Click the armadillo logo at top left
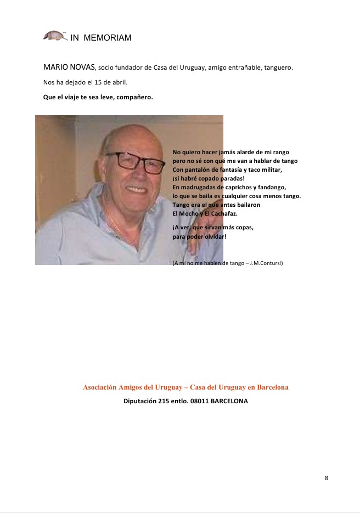pos(54,35)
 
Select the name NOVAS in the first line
pos(81,67)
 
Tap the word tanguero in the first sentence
pos(277,68)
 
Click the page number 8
pos(327,478)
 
